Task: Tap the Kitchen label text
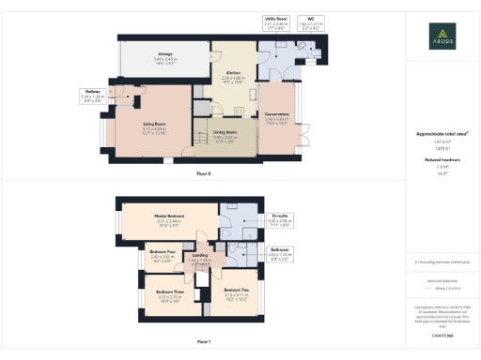coord(232,76)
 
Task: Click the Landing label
coord(200,256)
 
